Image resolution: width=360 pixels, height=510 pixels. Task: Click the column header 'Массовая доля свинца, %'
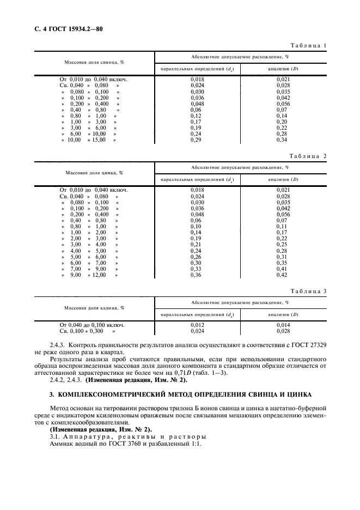(95, 62)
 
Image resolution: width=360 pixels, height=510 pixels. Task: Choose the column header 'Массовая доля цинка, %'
(94, 173)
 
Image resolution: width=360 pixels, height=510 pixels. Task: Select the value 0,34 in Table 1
(282, 140)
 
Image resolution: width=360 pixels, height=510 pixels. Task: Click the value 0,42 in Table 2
(282, 275)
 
